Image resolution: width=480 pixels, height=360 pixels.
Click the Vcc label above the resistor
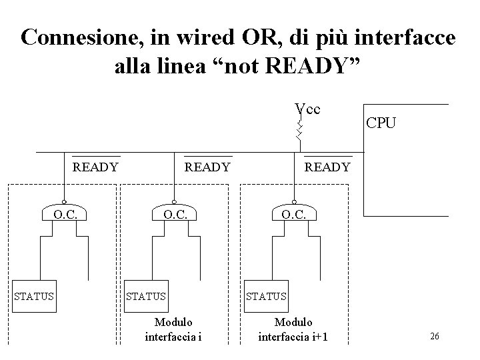click(307, 108)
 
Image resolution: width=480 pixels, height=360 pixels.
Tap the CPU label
click(380, 123)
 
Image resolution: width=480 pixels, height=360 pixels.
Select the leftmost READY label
click(95, 167)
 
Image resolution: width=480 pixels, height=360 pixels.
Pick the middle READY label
click(207, 167)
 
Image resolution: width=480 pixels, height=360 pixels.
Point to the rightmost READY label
click(327, 167)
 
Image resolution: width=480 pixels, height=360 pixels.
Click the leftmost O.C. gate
click(65, 215)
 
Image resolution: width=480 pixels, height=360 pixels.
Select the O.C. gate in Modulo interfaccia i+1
click(293, 215)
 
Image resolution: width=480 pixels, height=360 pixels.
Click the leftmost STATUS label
click(35, 295)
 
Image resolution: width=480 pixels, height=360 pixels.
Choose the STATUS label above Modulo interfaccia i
click(146, 295)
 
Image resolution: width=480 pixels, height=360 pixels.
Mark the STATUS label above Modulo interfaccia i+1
click(266, 295)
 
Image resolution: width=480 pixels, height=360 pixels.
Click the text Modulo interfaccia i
click(173, 329)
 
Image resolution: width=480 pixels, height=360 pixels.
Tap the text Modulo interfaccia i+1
click(293, 329)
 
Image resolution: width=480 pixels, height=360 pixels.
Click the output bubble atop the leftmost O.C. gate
click(65, 201)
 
